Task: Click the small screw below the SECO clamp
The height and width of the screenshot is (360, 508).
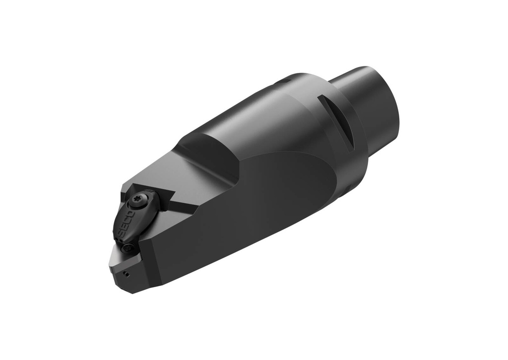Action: [x=129, y=246]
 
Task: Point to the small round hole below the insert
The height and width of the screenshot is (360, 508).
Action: [x=127, y=273]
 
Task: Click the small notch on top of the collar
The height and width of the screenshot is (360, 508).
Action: [x=285, y=79]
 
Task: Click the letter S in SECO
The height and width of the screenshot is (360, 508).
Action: [x=121, y=233]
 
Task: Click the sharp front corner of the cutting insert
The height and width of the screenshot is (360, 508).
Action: [x=110, y=266]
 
